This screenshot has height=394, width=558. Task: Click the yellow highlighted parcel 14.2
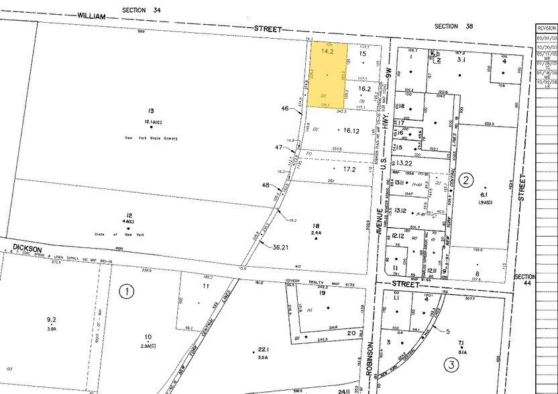(328, 75)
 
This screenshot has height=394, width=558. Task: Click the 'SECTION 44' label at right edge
(524, 281)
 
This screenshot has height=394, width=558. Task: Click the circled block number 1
(125, 291)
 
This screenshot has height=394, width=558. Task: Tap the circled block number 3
(451, 365)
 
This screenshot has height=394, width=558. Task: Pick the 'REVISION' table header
(546, 29)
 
